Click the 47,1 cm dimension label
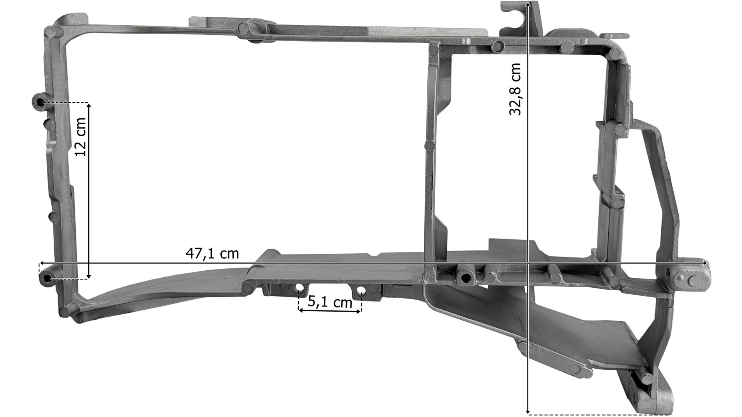213,254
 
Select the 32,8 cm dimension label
515,89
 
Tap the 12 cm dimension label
80,137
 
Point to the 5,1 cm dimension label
330,302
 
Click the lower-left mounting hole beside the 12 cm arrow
47,278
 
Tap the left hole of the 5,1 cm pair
300,288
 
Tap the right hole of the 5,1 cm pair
361,290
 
